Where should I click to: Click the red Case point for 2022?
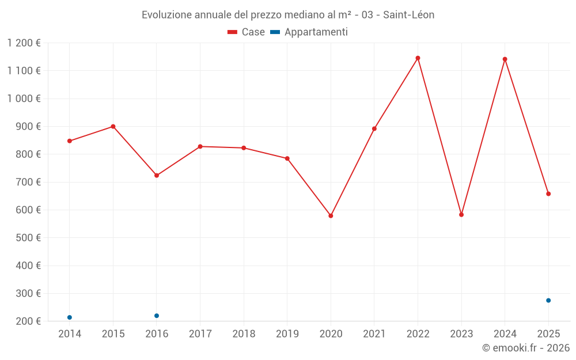[418, 58]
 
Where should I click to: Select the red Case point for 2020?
[331, 216]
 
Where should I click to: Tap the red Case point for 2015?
[113, 127]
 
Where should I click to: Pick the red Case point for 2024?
[505, 59]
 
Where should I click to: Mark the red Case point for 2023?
[461, 215]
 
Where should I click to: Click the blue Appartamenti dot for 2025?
[548, 301]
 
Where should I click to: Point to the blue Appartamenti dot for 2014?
[70, 317]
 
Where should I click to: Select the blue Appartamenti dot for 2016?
[157, 316]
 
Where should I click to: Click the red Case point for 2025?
[548, 194]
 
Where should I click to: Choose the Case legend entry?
[247, 32]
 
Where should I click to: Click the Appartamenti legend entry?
[309, 32]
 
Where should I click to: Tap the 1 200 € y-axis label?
[24, 43]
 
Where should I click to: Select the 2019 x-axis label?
[287, 334]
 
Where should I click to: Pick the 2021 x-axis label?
[374, 334]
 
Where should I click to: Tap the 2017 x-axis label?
[200, 334]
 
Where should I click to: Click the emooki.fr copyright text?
[526, 348]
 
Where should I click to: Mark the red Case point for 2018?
[244, 148]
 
